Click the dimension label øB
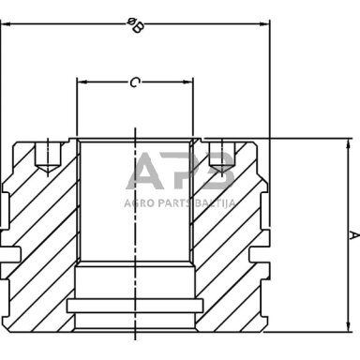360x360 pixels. (135, 25)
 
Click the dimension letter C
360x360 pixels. (134, 82)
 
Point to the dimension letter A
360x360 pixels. (354, 235)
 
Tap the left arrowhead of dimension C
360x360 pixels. (82, 82)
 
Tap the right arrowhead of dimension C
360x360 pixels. (188, 82)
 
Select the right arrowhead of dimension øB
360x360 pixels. (263, 24)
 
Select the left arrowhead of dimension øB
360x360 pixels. (6, 24)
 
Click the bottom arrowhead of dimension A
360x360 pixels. (348, 326)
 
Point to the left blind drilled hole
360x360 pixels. (48, 157)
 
